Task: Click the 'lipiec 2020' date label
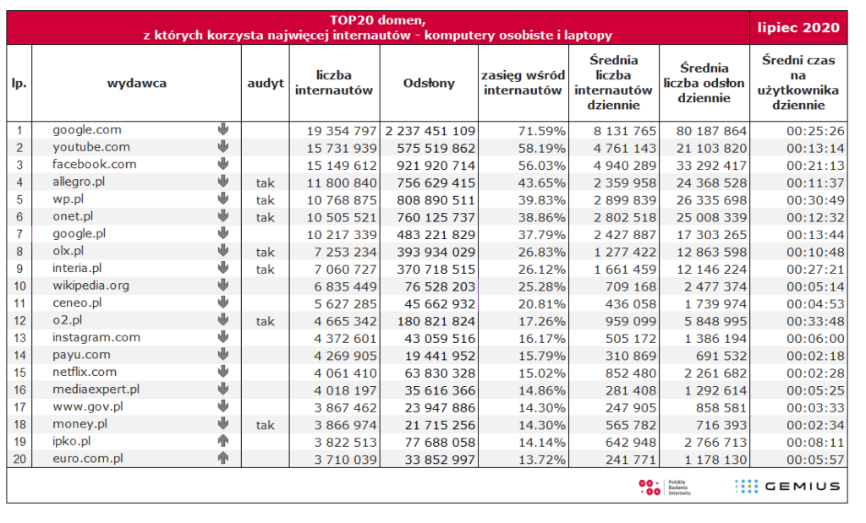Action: pos(798,28)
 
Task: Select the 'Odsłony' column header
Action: pos(429,83)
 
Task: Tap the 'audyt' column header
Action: pos(265,84)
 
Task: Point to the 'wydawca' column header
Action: pos(136,84)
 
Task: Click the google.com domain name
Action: pos(87,129)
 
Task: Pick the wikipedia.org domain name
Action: pos(90,286)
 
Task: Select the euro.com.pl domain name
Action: pos(87,459)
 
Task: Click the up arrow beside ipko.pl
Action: pos(223,441)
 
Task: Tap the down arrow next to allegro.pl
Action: pos(223,181)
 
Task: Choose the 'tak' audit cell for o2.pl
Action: pos(265,321)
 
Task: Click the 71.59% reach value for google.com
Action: pos(542,131)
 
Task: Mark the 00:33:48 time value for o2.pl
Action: pos(816,321)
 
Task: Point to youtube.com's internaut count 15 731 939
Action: pos(342,149)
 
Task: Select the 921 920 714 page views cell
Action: pos(436,166)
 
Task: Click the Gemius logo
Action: pos(787,486)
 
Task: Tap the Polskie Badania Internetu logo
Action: pos(665,488)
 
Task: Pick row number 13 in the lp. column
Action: pos(19,338)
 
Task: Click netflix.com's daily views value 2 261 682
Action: pos(715,373)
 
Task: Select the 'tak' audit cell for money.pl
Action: pos(265,425)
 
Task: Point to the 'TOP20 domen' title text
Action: pos(378,20)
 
